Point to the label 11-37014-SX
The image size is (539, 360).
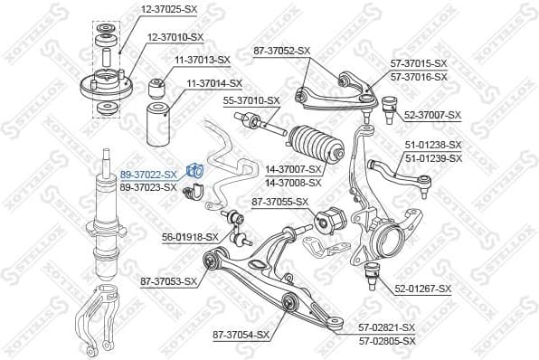(214, 83)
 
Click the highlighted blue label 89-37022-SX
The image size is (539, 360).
(147, 172)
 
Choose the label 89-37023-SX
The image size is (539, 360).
(147, 186)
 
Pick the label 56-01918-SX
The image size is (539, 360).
(190, 237)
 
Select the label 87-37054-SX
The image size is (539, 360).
(241, 335)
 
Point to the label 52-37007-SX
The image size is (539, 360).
(432, 115)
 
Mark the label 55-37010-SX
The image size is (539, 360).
(251, 100)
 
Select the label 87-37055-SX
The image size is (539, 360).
(279, 202)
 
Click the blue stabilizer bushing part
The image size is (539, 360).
(195, 170)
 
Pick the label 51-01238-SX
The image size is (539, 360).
(432, 144)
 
